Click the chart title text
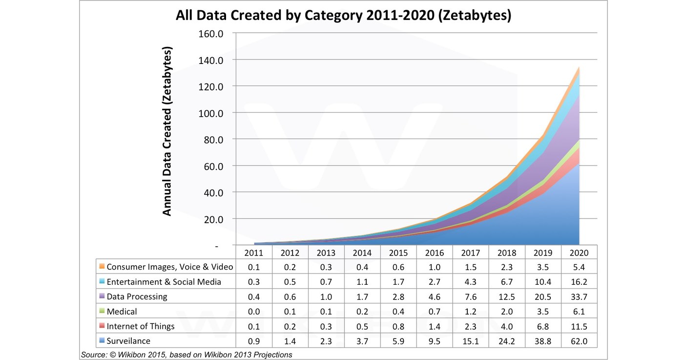tap(343, 15)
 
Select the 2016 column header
tap(434, 253)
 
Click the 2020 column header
tap(579, 253)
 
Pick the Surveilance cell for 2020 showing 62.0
tap(579, 340)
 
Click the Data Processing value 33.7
tap(579, 296)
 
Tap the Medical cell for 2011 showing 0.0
tap(253, 311)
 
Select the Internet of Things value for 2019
tap(542, 326)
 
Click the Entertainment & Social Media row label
tap(164, 282)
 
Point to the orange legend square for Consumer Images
tap(102, 267)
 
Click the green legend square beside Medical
tap(102, 311)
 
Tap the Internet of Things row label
tap(141, 326)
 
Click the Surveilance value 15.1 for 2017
tap(470, 340)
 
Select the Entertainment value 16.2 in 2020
tap(579, 282)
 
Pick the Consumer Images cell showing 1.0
tap(434, 267)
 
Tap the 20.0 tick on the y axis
tap(212, 219)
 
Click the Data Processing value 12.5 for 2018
tap(506, 296)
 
